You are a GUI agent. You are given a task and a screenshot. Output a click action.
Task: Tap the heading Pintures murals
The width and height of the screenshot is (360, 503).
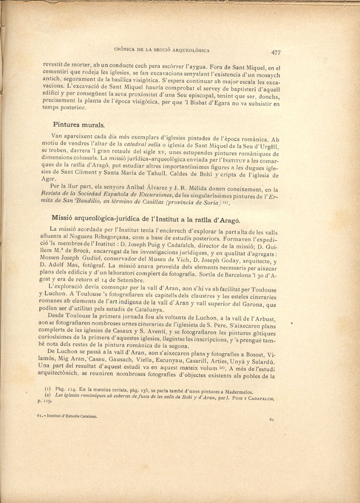point(79,124)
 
